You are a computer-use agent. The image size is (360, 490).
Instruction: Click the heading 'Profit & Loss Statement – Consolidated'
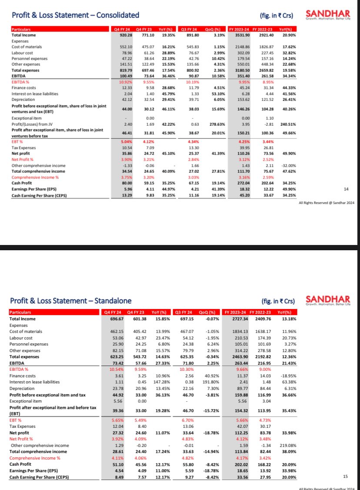75,15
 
